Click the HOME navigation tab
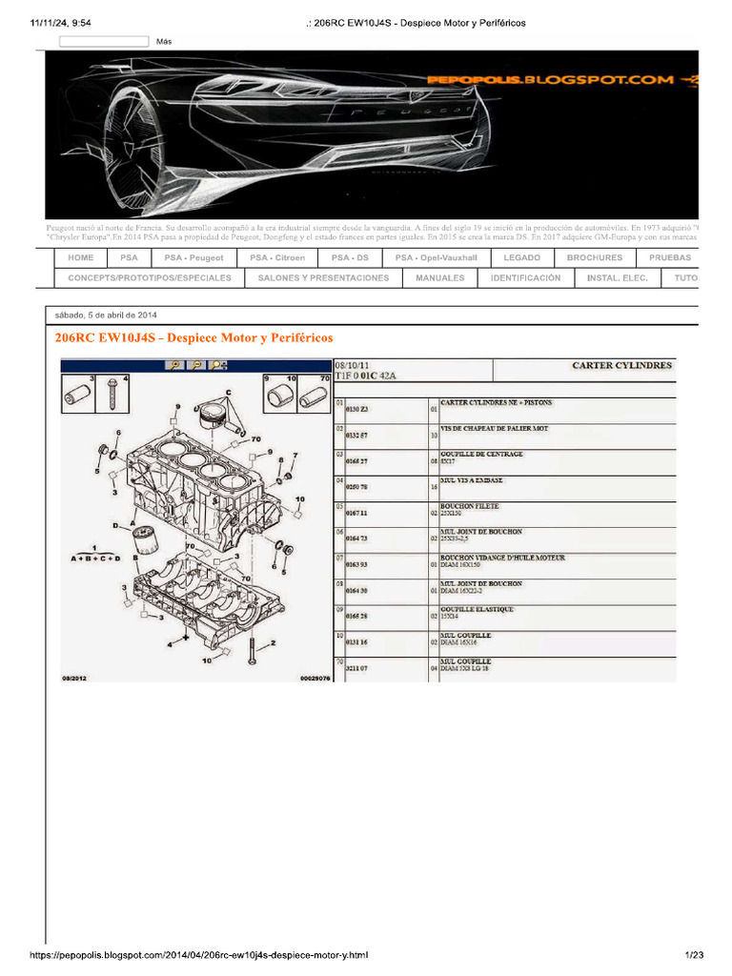click(x=80, y=257)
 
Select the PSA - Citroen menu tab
click(x=277, y=257)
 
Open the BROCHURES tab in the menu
click(x=594, y=257)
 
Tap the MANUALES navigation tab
click(x=439, y=278)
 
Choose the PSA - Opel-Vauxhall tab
click(x=437, y=257)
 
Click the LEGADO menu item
click(x=522, y=257)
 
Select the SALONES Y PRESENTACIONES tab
click(x=323, y=278)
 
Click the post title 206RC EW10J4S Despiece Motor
click(x=194, y=337)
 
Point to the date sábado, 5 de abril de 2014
click(x=106, y=315)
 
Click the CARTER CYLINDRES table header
click(x=621, y=365)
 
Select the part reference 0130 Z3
click(x=356, y=409)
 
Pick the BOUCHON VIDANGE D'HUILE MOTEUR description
click(x=502, y=558)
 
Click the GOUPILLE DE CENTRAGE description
click(x=481, y=455)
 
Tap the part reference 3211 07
click(x=356, y=669)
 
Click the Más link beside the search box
click(x=164, y=42)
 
